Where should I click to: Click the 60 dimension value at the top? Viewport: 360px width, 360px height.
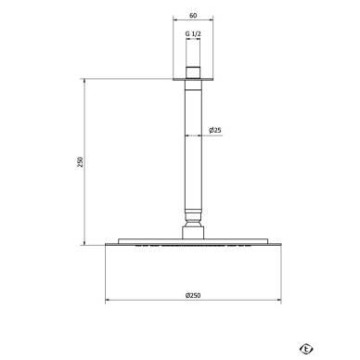[193, 16]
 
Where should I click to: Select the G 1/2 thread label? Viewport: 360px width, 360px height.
[193, 34]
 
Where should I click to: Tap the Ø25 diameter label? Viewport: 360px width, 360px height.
[215, 130]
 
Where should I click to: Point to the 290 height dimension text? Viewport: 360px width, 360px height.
[80, 162]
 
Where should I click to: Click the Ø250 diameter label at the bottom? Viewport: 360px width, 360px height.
[193, 295]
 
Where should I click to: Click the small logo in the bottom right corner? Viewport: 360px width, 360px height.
[306, 349]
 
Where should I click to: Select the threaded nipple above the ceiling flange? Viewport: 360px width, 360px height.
[193, 72]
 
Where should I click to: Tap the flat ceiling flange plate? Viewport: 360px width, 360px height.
[193, 79]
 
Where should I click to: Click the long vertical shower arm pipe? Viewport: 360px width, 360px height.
[193, 146]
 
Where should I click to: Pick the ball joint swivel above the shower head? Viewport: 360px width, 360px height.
[193, 219]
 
